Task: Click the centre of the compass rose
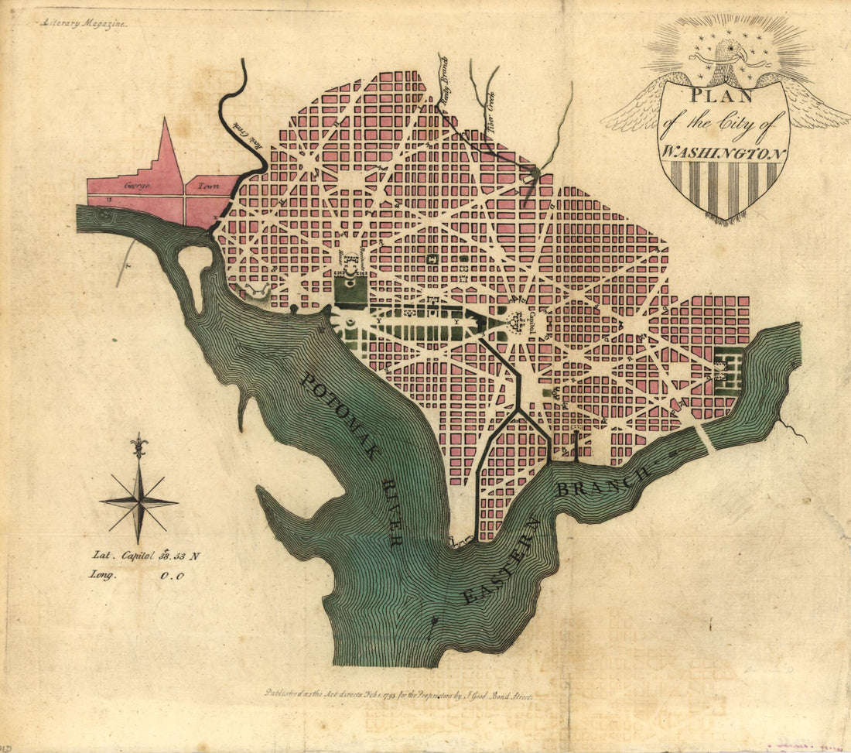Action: click(x=139, y=501)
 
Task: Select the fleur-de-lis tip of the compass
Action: click(x=139, y=445)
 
